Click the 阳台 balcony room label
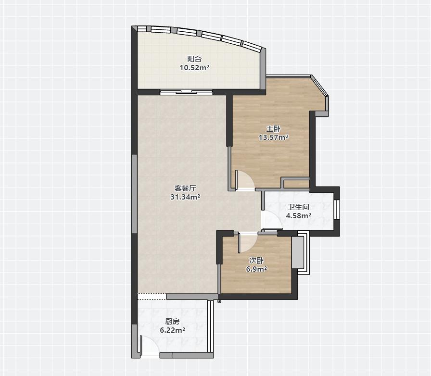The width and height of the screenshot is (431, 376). [x=194, y=59]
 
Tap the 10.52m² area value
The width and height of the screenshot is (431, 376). [x=194, y=68]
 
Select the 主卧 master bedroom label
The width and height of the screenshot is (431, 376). [x=274, y=129]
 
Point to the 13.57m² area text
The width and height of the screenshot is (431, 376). [x=274, y=137]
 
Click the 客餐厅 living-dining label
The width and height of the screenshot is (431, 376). [x=185, y=188]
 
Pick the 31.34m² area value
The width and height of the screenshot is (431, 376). [x=185, y=197]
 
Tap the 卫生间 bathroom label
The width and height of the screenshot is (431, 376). [x=299, y=207]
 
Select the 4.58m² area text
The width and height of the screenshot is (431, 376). [x=299, y=216]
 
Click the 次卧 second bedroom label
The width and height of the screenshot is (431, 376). [x=256, y=260]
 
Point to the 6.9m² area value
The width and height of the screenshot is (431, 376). [x=256, y=269]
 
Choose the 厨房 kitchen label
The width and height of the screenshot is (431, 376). [x=172, y=321]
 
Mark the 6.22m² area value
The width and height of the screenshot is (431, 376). [x=172, y=330]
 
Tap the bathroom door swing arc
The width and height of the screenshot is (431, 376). [x=277, y=216]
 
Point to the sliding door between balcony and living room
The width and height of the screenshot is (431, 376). [x=186, y=92]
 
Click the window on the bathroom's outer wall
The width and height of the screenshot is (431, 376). [x=337, y=210]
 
